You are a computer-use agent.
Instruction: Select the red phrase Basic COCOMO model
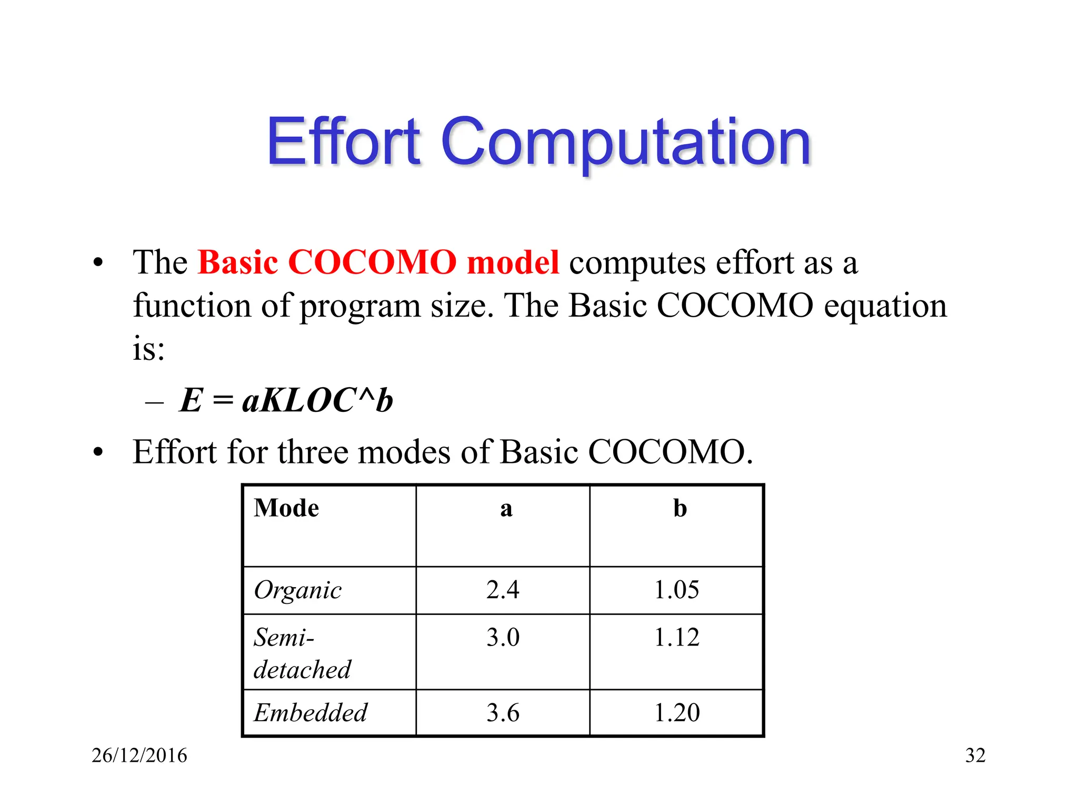coord(378,262)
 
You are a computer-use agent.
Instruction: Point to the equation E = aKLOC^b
coord(286,400)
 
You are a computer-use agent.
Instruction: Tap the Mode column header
coord(286,508)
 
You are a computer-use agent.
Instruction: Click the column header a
coord(506,508)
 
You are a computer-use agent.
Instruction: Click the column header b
coord(680,508)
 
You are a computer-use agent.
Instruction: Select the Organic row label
coord(297,590)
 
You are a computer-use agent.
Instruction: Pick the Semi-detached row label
coord(302,653)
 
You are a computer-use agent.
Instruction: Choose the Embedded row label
coord(311,713)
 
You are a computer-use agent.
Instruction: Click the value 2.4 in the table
coord(503,590)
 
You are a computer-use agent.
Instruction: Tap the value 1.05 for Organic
coord(676,590)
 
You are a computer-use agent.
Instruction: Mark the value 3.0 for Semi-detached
coord(503,637)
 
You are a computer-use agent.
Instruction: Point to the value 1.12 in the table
coord(676,637)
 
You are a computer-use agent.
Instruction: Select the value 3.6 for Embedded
coord(503,713)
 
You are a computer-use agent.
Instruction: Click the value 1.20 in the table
coord(676,713)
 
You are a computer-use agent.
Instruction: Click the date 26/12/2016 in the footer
coord(139,755)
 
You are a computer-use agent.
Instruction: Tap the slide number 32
coord(975,755)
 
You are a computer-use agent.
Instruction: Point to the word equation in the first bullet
coord(885,306)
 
